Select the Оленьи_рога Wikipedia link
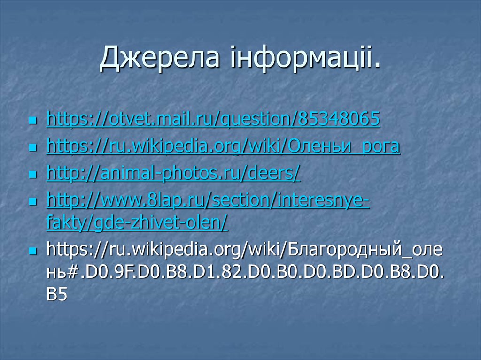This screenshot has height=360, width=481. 223,147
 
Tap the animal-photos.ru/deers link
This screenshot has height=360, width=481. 173,174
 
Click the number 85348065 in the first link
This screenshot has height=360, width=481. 337,120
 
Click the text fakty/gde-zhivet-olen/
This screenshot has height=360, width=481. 137,223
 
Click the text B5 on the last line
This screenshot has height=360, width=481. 57,295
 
